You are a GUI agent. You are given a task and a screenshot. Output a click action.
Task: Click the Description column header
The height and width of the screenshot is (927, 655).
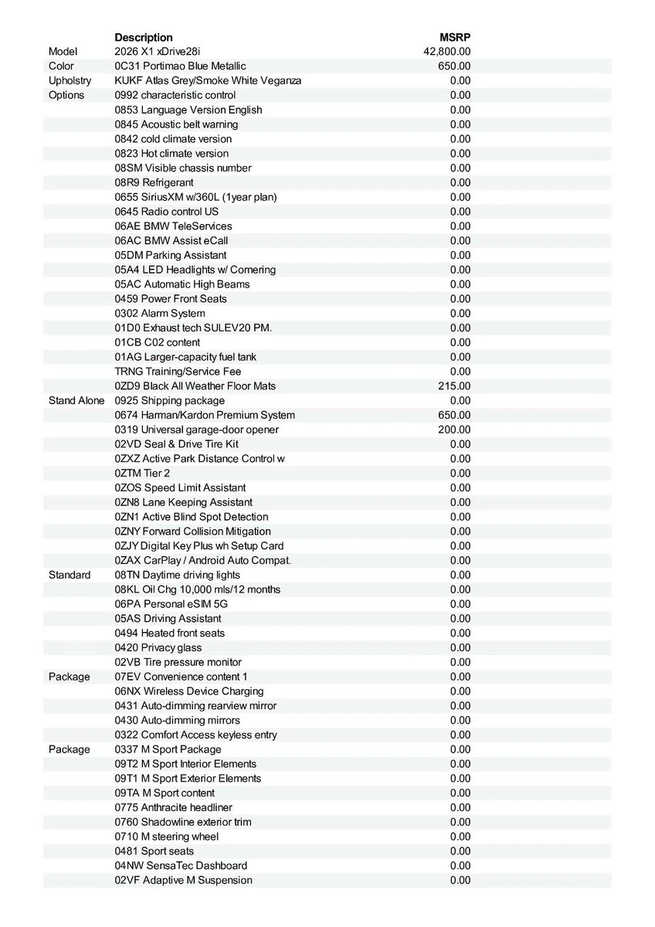pos(144,37)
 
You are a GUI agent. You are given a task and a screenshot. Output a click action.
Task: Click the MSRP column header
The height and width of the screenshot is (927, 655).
pos(455,37)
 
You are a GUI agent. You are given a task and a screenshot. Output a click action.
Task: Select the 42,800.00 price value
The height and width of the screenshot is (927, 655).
pos(447,52)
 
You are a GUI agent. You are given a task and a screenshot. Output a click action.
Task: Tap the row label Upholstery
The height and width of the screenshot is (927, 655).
pos(70,80)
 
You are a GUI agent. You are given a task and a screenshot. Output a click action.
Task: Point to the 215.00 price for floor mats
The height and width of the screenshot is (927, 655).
pos(454,385)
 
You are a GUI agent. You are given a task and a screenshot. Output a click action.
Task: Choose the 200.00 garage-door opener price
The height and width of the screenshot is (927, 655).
pos(454,430)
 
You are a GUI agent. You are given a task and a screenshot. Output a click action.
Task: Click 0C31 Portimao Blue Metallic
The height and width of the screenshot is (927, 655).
pos(180,66)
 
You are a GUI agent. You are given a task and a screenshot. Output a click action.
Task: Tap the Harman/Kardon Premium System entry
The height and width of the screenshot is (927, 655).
pos(205,415)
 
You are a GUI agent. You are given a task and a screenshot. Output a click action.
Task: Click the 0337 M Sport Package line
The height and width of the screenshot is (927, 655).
pos(168,749)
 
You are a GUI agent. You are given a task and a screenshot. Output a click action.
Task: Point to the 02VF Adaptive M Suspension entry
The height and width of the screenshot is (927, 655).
pos(183,880)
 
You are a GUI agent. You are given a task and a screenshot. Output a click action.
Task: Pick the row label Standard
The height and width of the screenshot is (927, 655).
pos(70,575)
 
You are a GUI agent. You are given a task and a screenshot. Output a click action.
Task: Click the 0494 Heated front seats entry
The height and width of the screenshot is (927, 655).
pos(170,633)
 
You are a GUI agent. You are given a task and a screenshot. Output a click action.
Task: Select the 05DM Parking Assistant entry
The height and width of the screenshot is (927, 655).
pos(171,255)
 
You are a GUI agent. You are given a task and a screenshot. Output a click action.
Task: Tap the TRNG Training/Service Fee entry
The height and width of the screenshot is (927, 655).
pos(178,371)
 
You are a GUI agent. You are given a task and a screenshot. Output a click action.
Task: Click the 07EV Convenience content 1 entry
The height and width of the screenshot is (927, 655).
pos(181,677)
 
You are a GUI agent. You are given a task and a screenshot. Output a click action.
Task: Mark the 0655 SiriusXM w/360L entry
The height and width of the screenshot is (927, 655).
pos(195,197)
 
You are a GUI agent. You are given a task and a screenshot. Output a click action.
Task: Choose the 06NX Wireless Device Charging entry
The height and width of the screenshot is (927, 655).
pos(189,691)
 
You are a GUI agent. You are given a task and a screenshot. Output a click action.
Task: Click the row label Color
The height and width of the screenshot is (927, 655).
pos(62,66)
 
